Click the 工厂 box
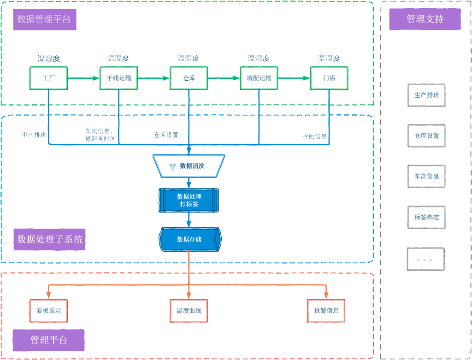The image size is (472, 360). tap(48, 78)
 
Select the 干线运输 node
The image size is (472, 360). tap(118, 78)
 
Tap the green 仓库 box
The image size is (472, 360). tap(189, 78)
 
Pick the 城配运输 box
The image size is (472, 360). tap(259, 78)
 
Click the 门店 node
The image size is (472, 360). tap(329, 78)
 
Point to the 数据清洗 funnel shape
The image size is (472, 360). tap(189, 166)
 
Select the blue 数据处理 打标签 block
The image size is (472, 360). tap(189, 200)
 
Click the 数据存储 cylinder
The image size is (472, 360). tap(189, 239)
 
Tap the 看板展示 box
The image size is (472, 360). tap(48, 310)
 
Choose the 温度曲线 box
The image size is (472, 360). tap(189, 310)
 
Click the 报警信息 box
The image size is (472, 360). tap(326, 310)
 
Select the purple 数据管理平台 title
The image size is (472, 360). tap(44, 19)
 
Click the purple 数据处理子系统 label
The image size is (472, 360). tap(50, 239)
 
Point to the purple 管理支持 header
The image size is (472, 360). tap(425, 19)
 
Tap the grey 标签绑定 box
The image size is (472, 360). tap(426, 217)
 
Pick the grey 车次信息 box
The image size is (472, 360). tap(426, 176)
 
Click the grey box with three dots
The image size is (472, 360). tap(425, 259)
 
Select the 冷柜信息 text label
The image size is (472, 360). tap(314, 136)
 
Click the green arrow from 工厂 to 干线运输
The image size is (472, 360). tap(83, 78)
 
